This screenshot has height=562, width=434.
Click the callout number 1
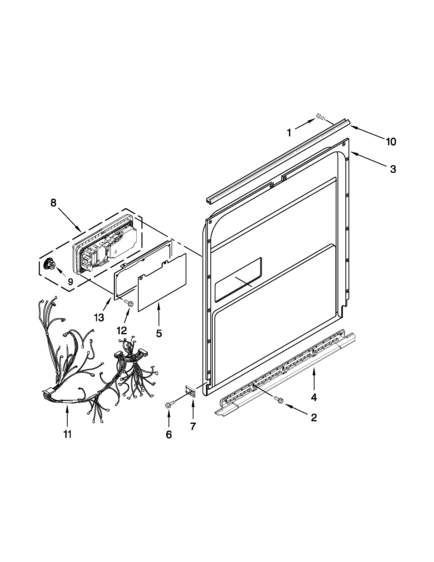point(289,133)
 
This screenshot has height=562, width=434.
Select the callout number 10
point(391,142)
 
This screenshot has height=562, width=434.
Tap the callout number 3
point(393,169)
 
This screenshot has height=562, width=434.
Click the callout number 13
point(99,318)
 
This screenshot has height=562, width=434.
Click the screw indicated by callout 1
point(320,117)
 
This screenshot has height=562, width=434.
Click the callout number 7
point(193,426)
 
